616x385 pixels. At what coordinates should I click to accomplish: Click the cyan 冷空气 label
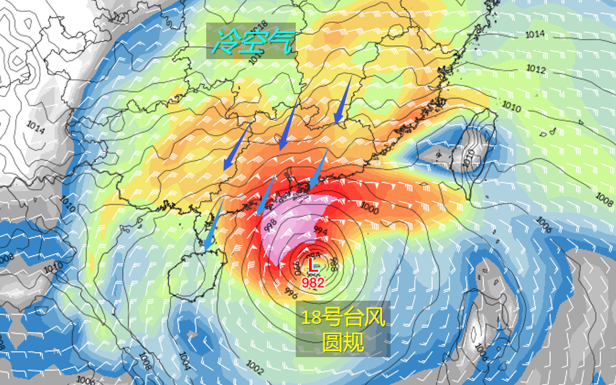coord(251,42)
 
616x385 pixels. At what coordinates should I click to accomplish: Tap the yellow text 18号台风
coord(342,317)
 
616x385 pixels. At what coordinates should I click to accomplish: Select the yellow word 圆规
coord(342,342)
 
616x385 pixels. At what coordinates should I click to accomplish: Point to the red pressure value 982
coord(313,283)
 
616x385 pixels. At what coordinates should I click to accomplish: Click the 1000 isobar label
coord(369,209)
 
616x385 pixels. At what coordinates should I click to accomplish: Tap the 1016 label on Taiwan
coord(469,156)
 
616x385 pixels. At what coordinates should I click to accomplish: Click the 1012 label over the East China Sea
coord(536,70)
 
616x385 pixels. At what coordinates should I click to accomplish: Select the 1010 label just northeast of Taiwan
coord(511,106)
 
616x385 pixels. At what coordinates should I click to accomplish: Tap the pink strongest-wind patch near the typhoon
coord(292,229)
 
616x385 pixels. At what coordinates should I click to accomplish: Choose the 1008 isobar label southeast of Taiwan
coord(604,197)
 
